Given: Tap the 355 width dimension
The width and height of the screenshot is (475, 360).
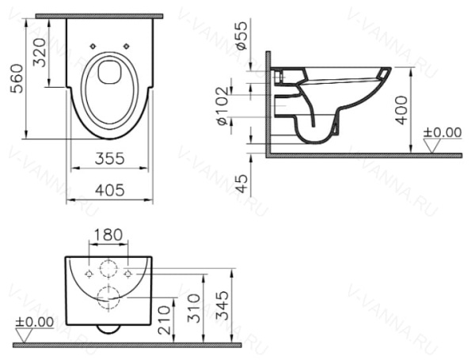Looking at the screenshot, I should (109, 158).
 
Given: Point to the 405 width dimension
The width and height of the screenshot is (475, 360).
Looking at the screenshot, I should (109, 191).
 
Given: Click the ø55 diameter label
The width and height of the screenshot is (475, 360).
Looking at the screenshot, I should (243, 37).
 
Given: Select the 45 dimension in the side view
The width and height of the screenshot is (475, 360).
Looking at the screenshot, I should (242, 183).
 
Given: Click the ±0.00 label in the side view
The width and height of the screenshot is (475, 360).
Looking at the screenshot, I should (442, 131).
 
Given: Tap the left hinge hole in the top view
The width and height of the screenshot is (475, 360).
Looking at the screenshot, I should (93, 46).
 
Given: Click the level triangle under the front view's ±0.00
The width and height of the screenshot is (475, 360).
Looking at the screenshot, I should (24, 335).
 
